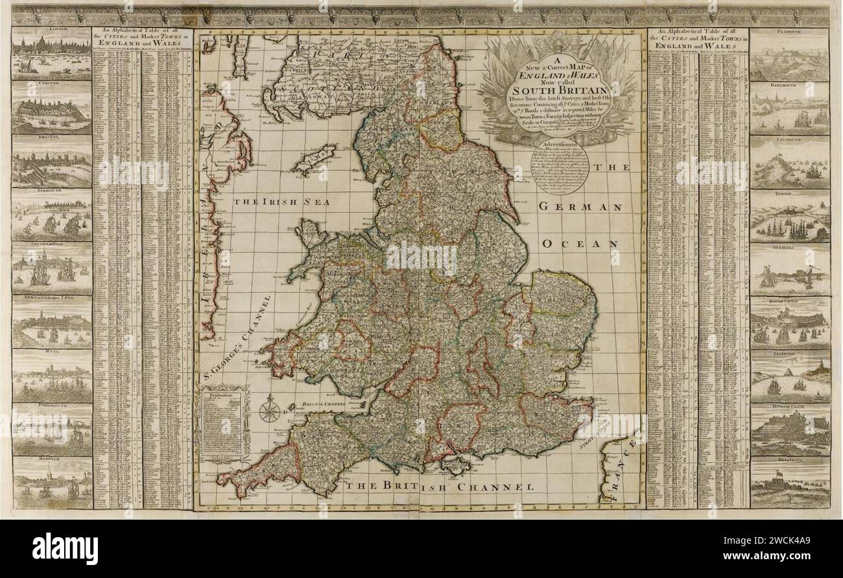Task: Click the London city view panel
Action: (x=52, y=56)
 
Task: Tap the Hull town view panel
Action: (x=52, y=379)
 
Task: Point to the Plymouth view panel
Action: (x=789, y=58)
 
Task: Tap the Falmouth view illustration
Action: (x=789, y=165)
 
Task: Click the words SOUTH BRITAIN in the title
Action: (x=557, y=91)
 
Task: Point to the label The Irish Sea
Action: (x=282, y=202)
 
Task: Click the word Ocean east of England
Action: (x=580, y=244)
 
